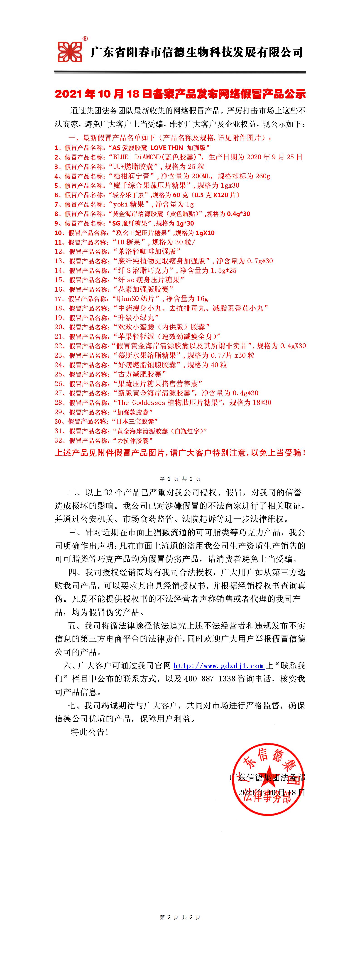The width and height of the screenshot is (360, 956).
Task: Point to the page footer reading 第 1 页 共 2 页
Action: pyautogui.click(x=180, y=479)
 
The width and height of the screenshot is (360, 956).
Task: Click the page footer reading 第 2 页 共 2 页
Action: pyautogui.click(x=180, y=917)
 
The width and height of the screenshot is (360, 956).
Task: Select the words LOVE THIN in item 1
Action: pyautogui.click(x=167, y=148)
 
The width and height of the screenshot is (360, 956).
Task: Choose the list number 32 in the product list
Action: pyautogui.click(x=59, y=440)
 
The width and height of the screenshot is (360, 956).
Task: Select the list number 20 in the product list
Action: pyautogui.click(x=59, y=327)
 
